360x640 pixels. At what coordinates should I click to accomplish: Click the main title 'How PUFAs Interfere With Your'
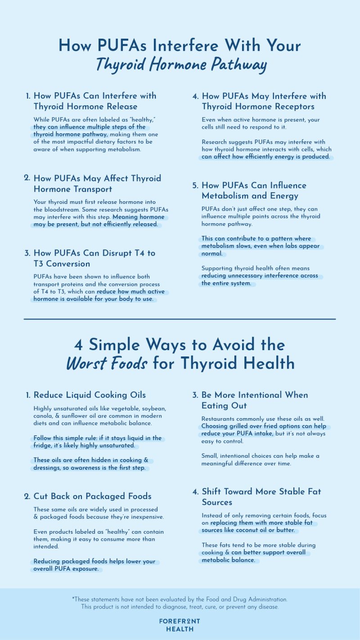[x=180, y=46]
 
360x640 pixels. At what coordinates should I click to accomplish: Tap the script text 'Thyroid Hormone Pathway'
[x=180, y=65]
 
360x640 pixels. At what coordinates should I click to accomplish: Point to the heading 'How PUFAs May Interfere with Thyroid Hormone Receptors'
[x=264, y=101]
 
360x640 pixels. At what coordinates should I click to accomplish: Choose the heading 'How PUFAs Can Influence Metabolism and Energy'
[x=254, y=190]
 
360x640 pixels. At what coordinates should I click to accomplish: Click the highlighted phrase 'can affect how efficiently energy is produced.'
[x=266, y=157]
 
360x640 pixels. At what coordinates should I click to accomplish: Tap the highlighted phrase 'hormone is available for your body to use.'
[x=93, y=299]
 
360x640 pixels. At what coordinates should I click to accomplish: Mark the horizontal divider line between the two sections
[x=180, y=319]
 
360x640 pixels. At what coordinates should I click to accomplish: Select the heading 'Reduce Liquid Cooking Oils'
[x=90, y=395]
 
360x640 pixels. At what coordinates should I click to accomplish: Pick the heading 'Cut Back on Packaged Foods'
[x=92, y=496]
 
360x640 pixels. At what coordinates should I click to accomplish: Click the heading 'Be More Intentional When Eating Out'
[x=255, y=400]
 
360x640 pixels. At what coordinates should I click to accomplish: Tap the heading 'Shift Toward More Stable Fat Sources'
[x=261, y=497]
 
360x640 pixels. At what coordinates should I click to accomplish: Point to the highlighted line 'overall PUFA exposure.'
[x=67, y=569]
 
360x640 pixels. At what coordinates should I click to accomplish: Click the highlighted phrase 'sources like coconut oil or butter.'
[x=248, y=531]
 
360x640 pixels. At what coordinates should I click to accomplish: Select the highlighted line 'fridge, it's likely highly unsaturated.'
[x=84, y=446]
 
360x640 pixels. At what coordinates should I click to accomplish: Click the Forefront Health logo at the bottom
[x=180, y=625]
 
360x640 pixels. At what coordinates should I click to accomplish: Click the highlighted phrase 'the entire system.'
[x=226, y=284]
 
